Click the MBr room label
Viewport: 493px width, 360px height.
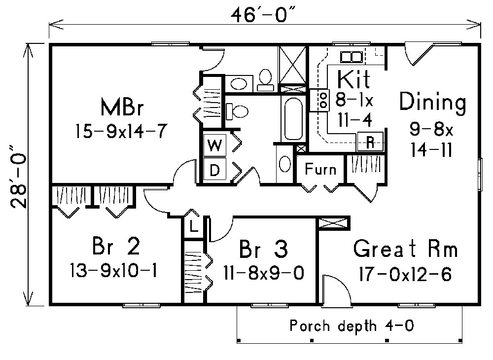coord(121,107)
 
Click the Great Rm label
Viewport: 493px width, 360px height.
coord(405,250)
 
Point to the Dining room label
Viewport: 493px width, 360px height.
coord(433,103)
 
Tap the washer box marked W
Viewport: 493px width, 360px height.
coord(214,146)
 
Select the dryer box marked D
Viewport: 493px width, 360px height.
coord(214,170)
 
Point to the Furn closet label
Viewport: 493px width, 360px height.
coord(320,170)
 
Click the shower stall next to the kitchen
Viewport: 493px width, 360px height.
coord(293,65)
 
